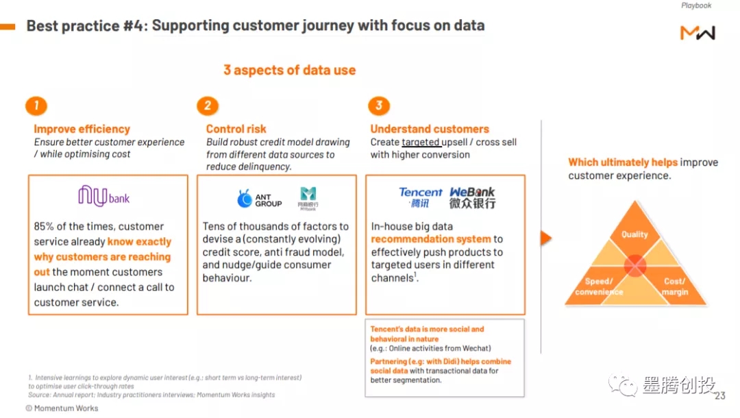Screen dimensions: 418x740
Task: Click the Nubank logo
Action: [x=103, y=197]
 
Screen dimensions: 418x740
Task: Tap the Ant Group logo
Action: [x=260, y=199]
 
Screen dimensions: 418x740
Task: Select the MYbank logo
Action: [x=308, y=198]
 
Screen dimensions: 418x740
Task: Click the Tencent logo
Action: [x=421, y=197]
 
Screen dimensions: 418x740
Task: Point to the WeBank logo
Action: [x=472, y=197]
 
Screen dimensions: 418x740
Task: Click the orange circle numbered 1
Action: [x=36, y=106]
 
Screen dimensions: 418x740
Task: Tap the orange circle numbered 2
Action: [x=207, y=106]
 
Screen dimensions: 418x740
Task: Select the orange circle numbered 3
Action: [x=378, y=106]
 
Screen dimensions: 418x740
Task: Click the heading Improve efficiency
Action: [x=82, y=129]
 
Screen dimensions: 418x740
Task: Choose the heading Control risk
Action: [x=236, y=129]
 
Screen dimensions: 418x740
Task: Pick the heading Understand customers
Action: [x=430, y=129]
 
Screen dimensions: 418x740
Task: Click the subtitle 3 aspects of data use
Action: [x=289, y=70]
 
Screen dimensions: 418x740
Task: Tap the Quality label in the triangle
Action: [x=634, y=234]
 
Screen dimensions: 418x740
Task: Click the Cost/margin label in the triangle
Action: [x=674, y=286]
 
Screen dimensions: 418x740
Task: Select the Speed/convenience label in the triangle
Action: [x=599, y=286]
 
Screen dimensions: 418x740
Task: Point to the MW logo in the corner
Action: [x=698, y=32]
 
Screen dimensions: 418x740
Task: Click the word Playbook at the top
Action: [x=696, y=5]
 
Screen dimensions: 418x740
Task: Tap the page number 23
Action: [x=719, y=396]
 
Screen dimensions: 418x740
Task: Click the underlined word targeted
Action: [x=421, y=143]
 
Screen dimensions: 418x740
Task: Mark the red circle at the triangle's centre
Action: [x=635, y=265]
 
